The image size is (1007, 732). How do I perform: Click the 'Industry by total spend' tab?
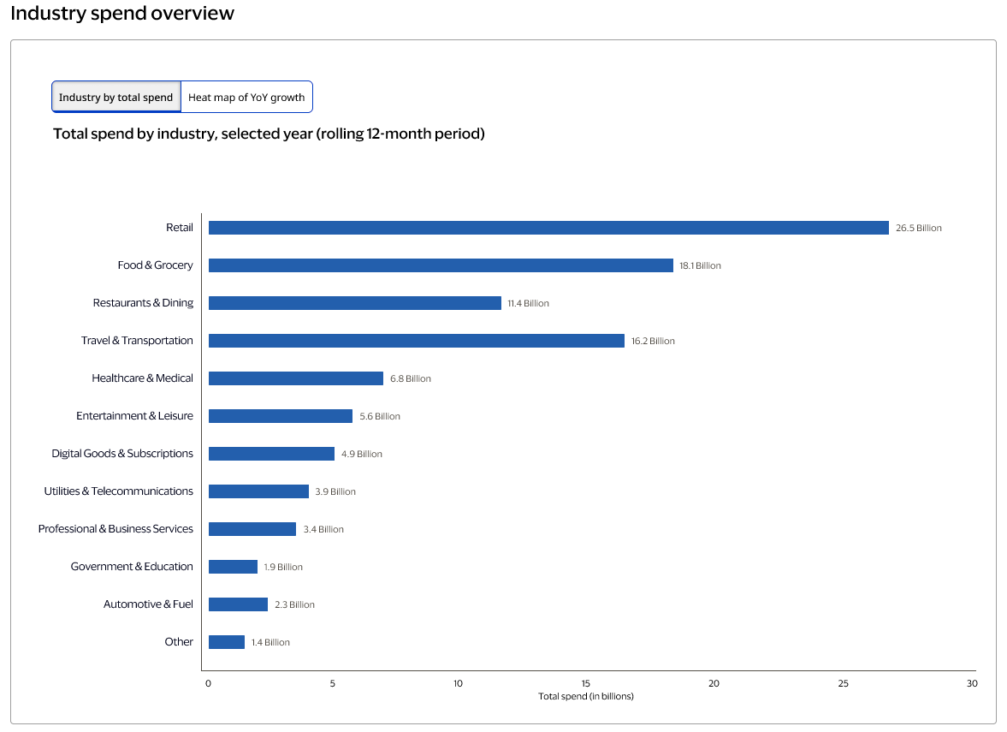[x=116, y=98]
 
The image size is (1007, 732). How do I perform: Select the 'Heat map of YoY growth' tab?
[x=246, y=98]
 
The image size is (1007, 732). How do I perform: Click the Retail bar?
[x=548, y=228]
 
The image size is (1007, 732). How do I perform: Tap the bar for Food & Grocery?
[x=441, y=265]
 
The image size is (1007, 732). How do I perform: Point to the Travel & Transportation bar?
[x=417, y=341]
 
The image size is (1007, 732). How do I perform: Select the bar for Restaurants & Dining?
[x=355, y=303]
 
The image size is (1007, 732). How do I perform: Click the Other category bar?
[x=227, y=642]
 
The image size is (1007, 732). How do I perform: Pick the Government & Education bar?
[x=233, y=567]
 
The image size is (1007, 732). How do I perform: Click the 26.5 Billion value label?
[x=918, y=229]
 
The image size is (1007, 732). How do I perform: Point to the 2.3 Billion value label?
[x=294, y=604]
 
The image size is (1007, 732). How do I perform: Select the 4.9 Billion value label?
[x=362, y=454]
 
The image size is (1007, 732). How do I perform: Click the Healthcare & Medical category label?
[x=142, y=378]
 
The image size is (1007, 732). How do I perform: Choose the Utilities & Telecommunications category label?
[x=118, y=491]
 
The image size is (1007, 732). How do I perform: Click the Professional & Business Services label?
[x=116, y=529]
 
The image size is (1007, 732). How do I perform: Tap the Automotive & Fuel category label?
[x=148, y=604]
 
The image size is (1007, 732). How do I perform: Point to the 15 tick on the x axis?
[x=587, y=683]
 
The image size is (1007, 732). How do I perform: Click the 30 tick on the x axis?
[x=971, y=683]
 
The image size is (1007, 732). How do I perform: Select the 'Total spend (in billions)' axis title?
[x=586, y=697]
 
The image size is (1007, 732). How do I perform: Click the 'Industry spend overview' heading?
[x=122, y=14]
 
